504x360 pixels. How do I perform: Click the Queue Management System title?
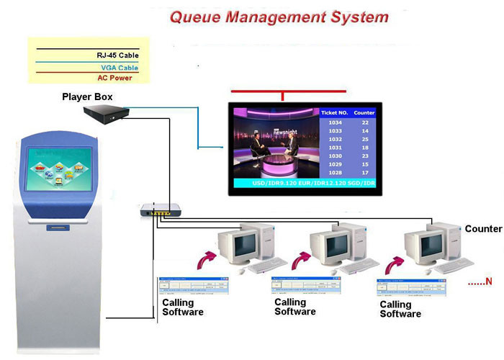[279, 17]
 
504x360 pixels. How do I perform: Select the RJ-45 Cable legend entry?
[117, 55]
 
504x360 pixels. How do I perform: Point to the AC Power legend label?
[114, 78]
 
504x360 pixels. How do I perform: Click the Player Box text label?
[87, 96]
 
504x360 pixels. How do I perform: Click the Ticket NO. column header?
[334, 113]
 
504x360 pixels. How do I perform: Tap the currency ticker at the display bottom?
[305, 185]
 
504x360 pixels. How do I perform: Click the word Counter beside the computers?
[483, 229]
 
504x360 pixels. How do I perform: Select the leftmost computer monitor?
[238, 247]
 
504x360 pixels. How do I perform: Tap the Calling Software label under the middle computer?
[294, 307]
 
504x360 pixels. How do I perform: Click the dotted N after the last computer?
[480, 281]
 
